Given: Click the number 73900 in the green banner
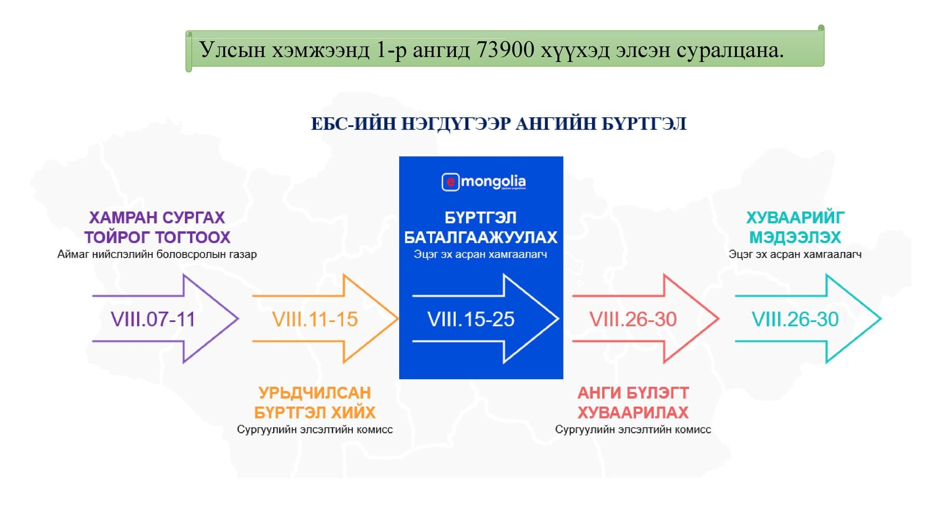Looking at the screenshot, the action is click(x=505, y=50).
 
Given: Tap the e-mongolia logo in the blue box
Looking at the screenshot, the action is click(x=483, y=182).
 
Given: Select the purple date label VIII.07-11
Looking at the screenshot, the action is click(x=153, y=319).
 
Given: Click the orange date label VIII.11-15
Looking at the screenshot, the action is click(x=315, y=319).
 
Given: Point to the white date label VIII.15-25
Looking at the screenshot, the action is click(x=471, y=319).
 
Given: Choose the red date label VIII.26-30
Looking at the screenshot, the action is click(x=633, y=319).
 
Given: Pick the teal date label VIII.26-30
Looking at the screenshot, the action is click(x=795, y=319).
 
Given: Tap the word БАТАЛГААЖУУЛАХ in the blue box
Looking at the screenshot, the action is click(x=481, y=237).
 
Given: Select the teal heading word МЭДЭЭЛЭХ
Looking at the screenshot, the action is click(x=795, y=237).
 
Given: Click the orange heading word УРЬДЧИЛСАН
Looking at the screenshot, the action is click(x=315, y=393).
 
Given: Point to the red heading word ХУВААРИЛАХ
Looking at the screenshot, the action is click(x=633, y=413).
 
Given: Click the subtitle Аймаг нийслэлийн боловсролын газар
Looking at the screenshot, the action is click(x=157, y=254).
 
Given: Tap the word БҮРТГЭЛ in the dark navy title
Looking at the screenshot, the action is click(x=644, y=124).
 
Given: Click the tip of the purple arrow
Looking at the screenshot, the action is click(x=238, y=318).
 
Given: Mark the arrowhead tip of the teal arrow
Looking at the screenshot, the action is click(x=881, y=318).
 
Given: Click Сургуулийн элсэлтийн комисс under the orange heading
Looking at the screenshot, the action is click(x=315, y=430).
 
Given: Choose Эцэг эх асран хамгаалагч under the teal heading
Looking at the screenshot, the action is click(x=795, y=254).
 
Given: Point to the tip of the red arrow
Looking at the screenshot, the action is click(x=718, y=318).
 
